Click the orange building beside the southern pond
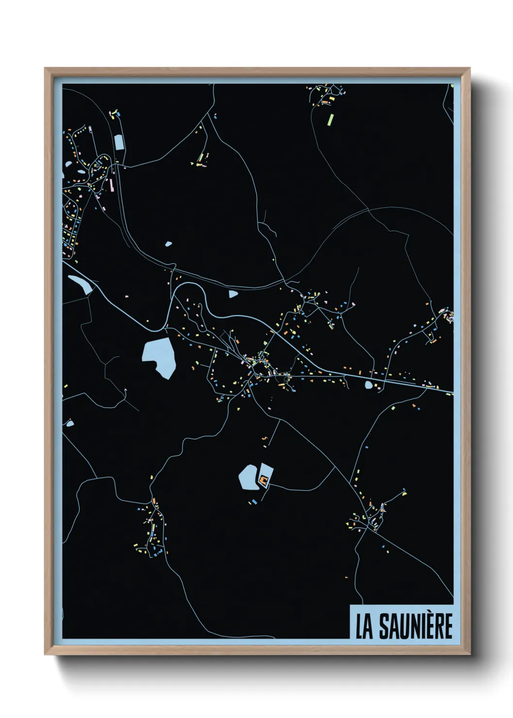[x=264, y=481]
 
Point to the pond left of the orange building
[x=248, y=477]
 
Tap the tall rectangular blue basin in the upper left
[x=119, y=142]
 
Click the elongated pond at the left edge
[x=80, y=284]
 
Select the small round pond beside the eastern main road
[x=369, y=385]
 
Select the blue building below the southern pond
[x=254, y=501]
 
